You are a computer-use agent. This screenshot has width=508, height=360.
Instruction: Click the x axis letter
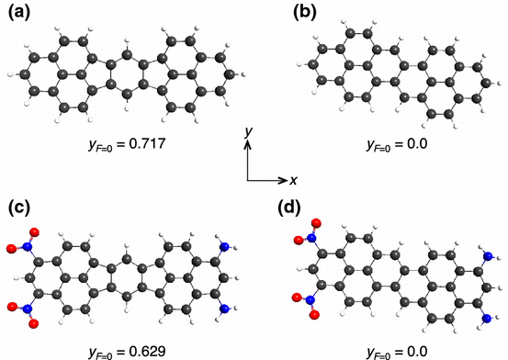point(292,180)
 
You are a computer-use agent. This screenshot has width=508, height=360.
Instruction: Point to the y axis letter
point(248,133)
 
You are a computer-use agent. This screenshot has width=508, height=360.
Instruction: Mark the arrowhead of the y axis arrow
point(247,144)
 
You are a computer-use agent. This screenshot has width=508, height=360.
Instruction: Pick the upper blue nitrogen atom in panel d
point(488,257)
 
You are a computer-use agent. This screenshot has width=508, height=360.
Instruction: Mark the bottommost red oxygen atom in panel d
point(313,315)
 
